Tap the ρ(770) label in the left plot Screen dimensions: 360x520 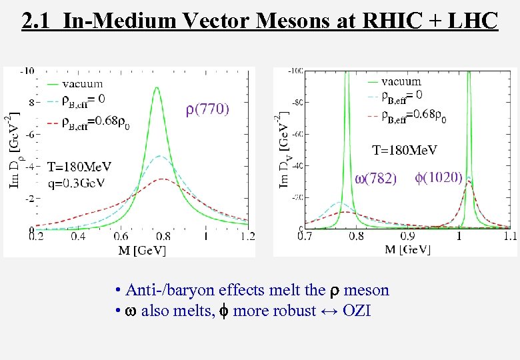(x=207, y=109)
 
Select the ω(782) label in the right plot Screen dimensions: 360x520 (x=376, y=178)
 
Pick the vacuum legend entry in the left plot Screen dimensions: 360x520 (x=83, y=84)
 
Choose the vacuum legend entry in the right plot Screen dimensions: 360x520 (x=401, y=82)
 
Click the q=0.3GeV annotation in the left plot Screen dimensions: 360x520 (x=78, y=184)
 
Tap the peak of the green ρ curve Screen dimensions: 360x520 (x=157, y=88)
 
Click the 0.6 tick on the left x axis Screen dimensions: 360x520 (x=121, y=236)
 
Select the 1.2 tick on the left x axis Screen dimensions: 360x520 (x=247, y=236)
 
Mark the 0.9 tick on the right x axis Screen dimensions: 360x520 (x=407, y=236)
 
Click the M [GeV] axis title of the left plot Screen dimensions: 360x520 (x=141, y=251)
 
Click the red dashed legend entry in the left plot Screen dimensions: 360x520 (x=83, y=121)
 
